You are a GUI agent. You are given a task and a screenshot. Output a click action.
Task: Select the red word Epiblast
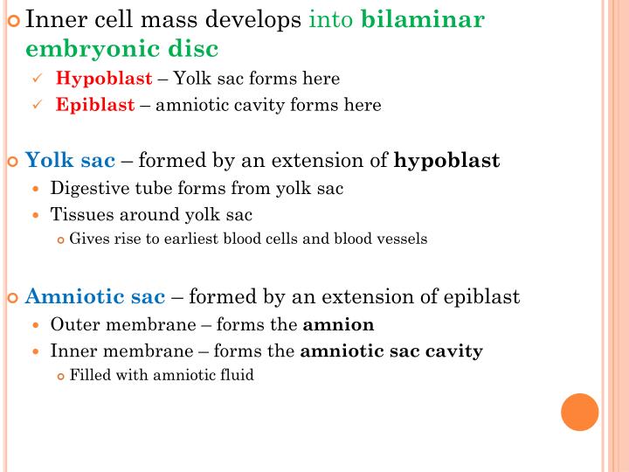[x=96, y=105]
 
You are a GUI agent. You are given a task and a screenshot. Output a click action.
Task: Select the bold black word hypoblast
[x=447, y=161]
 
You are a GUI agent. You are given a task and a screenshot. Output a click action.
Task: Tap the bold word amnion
[x=338, y=325]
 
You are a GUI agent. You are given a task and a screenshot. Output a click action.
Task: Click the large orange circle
[x=579, y=412]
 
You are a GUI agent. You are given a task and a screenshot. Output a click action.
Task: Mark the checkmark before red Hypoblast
[x=38, y=79]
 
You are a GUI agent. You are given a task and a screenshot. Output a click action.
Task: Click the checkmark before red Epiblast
[x=38, y=105]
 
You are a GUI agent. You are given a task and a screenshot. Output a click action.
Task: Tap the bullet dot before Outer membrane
[x=36, y=325]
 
